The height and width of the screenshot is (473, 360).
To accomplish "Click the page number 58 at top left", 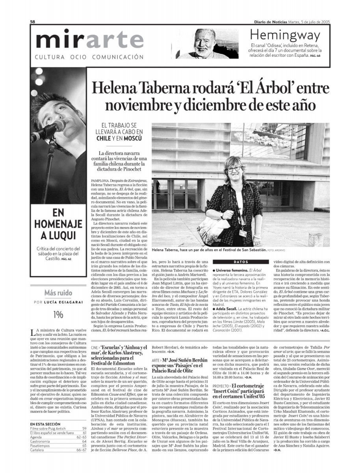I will [33, 22].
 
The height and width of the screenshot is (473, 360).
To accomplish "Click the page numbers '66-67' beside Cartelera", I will [81, 449].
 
